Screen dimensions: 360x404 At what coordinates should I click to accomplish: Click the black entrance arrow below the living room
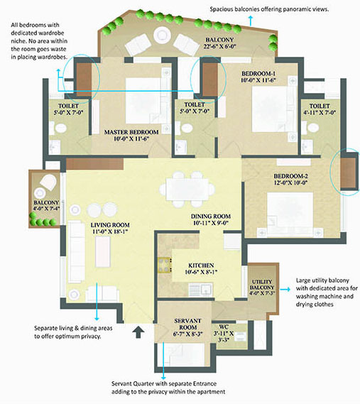138,332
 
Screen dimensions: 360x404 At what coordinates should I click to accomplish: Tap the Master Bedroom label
131,132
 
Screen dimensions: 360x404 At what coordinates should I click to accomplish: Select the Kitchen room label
201,266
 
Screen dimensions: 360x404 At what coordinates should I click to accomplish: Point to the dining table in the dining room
187,190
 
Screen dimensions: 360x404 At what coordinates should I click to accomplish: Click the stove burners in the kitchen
165,265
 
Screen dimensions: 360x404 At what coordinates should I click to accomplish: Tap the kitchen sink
200,290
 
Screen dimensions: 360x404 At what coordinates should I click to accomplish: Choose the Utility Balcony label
262,285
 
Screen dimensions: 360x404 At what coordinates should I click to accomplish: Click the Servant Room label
187,324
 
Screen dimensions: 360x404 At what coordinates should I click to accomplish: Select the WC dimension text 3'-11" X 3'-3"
224,337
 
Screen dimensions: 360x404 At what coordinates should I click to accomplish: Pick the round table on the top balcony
162,35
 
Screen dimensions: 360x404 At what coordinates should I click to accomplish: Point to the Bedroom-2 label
290,176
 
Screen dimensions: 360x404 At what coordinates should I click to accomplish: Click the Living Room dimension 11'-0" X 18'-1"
110,231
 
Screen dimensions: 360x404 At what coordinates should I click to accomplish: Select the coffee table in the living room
103,252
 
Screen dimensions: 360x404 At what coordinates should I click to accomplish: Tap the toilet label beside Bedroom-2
320,106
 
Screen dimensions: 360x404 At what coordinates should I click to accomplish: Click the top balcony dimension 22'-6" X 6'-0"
220,47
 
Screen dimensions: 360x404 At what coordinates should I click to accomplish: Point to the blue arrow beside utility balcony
285,290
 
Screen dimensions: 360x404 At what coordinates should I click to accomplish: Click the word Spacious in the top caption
222,9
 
